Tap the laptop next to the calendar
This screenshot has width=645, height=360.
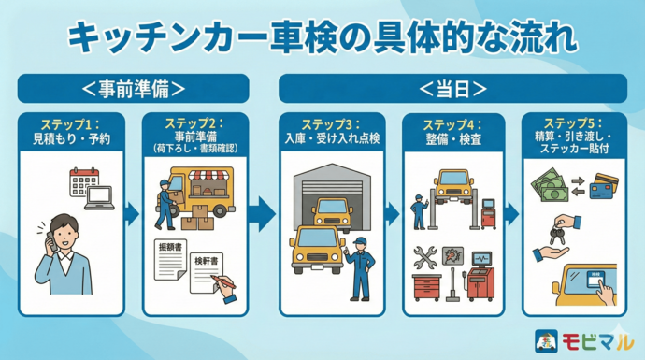(99, 198)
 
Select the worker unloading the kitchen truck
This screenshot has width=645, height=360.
(165, 203)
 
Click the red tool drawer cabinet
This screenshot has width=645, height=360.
(426, 287)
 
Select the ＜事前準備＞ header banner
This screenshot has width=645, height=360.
(133, 89)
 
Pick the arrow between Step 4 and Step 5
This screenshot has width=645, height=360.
(511, 214)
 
